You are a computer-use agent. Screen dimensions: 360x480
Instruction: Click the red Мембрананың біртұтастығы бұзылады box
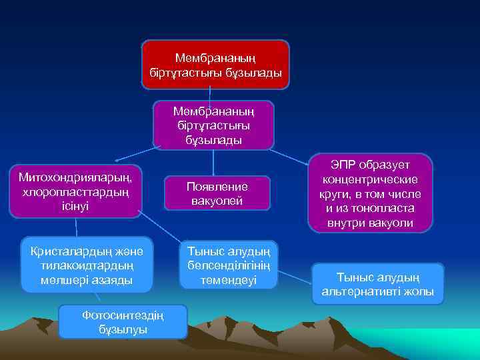point(215,65)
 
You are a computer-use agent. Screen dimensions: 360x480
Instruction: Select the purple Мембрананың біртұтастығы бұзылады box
point(213,124)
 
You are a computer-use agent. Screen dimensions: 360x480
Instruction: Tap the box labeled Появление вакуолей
point(218,194)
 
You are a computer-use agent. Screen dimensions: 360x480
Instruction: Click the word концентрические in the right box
point(370,179)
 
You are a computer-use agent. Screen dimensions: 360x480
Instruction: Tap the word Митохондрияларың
point(75,177)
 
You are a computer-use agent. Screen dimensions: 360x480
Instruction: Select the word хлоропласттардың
point(75,192)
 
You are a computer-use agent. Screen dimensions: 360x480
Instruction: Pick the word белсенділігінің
point(228,267)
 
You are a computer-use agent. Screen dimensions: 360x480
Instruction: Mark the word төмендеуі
point(228,281)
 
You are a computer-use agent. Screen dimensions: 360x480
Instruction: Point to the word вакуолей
point(218,201)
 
